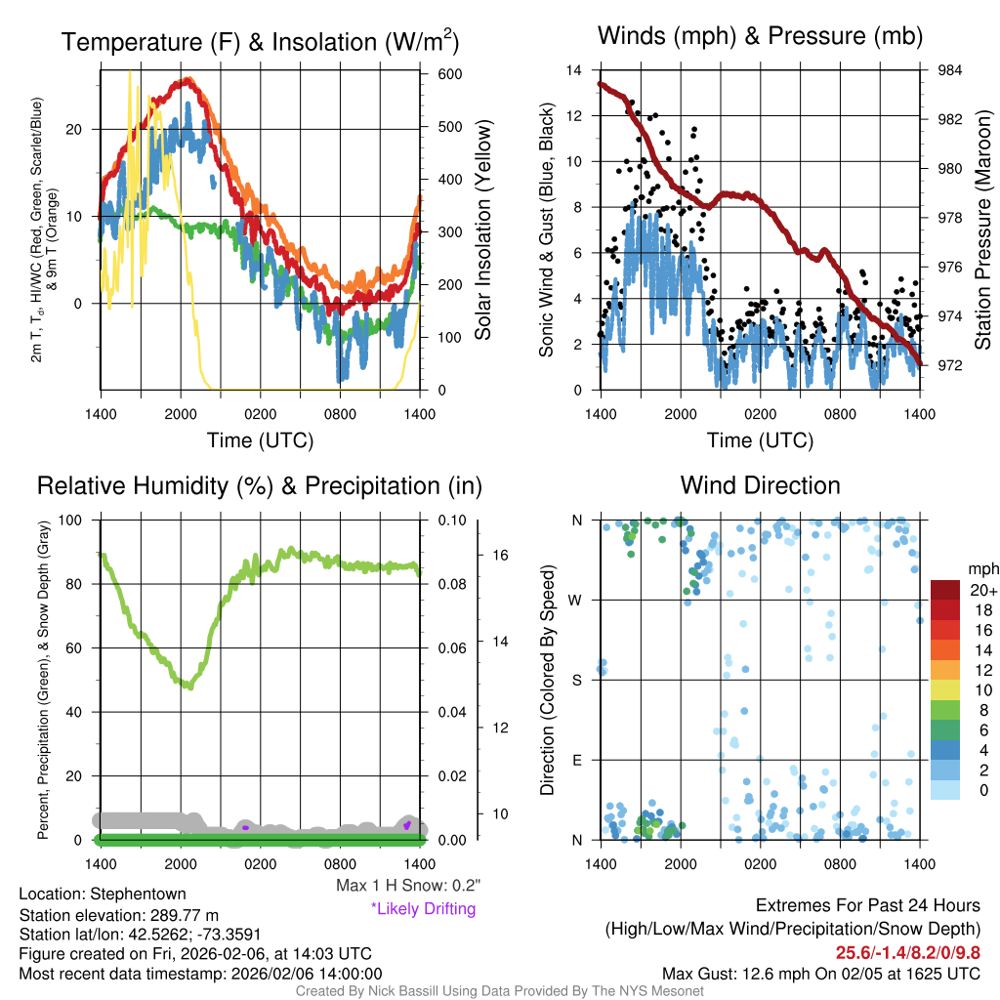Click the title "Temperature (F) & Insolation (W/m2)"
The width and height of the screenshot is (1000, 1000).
pyautogui.click(x=260, y=42)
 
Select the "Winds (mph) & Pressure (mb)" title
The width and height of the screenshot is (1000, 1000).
pyautogui.click(x=760, y=36)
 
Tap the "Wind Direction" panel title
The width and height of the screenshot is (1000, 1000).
pyautogui.click(x=760, y=485)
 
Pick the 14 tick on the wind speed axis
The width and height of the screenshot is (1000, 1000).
pyautogui.click(x=574, y=70)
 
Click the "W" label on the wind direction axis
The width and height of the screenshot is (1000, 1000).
pyautogui.click(x=577, y=600)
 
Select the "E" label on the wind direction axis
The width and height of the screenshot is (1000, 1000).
pyautogui.click(x=577, y=760)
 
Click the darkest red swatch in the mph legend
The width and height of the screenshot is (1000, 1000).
pyautogui.click(x=947, y=590)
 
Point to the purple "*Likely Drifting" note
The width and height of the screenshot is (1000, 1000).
pyautogui.click(x=423, y=908)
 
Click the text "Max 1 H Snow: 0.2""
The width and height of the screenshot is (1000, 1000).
pyautogui.click(x=408, y=886)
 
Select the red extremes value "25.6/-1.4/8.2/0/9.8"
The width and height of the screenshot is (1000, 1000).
pyautogui.click(x=907, y=952)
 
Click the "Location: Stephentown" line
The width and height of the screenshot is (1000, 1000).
pyautogui.click(x=103, y=894)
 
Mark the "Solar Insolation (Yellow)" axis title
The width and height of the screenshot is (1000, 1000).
pyautogui.click(x=482, y=230)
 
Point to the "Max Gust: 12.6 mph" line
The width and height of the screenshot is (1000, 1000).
pyautogui.click(x=820, y=973)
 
